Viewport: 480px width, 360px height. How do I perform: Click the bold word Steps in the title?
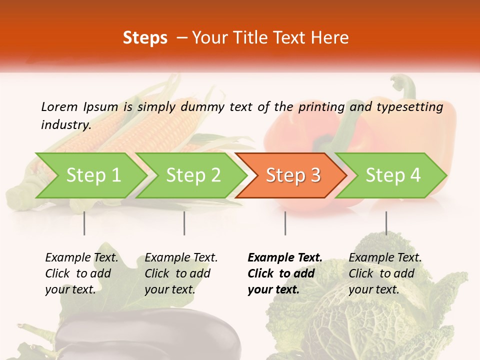tap(145, 37)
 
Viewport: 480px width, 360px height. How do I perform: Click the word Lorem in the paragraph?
tap(59, 106)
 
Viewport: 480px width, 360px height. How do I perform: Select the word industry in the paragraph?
tap(66, 125)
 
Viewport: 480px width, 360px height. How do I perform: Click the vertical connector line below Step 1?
tap(84, 223)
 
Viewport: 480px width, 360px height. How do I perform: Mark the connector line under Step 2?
tap(184, 223)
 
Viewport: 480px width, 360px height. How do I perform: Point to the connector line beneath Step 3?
tap(285, 223)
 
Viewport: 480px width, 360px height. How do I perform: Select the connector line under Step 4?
tap(386, 223)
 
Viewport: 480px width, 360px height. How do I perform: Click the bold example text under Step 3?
tap(285, 273)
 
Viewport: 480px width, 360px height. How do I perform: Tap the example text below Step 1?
tap(81, 273)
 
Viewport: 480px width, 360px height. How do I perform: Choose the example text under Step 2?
tap(181, 273)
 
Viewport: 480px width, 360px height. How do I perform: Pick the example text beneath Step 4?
tap(385, 273)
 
